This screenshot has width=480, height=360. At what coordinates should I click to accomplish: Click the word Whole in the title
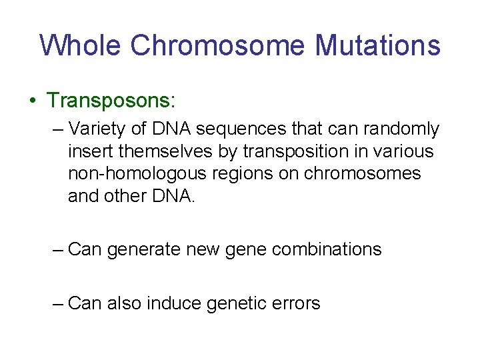pos(81,45)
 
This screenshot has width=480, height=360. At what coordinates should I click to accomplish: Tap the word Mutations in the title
pos(377,45)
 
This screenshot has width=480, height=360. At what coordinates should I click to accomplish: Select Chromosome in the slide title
pos(219,45)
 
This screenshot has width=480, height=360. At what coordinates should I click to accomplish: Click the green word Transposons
pos(110,101)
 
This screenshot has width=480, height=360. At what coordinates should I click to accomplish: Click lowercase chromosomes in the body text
pos(363,174)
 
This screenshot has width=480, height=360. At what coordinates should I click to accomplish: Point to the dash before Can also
pos(58,303)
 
